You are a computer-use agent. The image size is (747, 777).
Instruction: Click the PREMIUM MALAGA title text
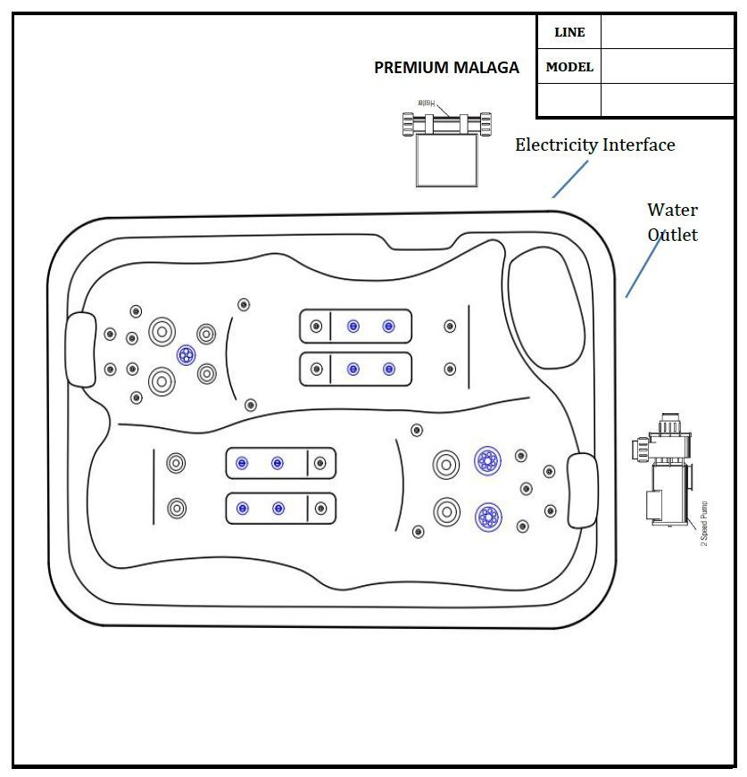coord(446,68)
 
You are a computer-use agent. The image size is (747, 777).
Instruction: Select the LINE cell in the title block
coord(569,32)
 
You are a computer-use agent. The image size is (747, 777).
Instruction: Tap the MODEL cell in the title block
coord(569,67)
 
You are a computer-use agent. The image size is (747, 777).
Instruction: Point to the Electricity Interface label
coord(594,145)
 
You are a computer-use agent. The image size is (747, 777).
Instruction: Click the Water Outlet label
coord(672,222)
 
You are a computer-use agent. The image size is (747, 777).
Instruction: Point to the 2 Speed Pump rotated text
coord(704,523)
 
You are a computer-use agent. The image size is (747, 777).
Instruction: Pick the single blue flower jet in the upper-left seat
coord(186,355)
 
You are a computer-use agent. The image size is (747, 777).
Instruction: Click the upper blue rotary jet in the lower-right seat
coord(487,460)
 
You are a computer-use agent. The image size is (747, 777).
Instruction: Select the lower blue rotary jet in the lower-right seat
coord(487,516)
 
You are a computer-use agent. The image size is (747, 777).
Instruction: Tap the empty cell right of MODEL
coord(667,67)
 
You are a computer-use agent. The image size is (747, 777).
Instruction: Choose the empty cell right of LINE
coord(667,32)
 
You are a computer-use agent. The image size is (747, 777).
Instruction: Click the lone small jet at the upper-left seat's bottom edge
coord(251,405)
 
